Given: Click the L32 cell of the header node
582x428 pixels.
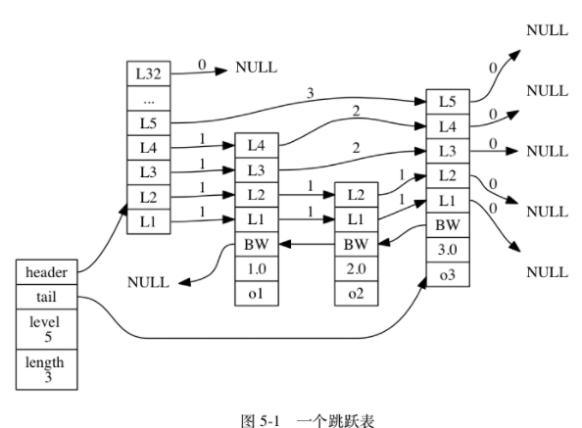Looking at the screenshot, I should tap(148, 73).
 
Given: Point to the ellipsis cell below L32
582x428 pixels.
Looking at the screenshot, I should tap(148, 98).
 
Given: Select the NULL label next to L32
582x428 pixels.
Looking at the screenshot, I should tap(256, 69).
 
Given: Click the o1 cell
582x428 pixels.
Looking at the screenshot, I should tap(256, 292).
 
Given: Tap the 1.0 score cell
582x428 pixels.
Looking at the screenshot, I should tap(256, 267).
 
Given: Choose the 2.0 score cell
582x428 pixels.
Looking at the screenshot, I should tap(357, 267).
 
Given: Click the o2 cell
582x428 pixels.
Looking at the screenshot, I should tap(357, 292).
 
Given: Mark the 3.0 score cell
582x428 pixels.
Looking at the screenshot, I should tap(447, 250).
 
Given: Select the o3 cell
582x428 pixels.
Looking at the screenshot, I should tap(447, 275).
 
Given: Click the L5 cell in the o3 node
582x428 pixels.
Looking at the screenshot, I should tap(447, 101).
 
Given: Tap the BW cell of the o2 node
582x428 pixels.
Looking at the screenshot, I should tap(357, 243).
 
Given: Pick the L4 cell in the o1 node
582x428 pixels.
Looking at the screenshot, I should tap(256, 145).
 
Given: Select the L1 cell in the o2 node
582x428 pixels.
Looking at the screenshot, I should tap(357, 218).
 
